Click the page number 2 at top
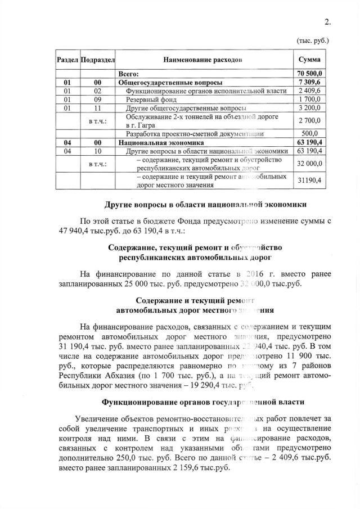(327, 22)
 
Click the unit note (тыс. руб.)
(312, 41)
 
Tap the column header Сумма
(309, 60)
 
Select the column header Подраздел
(98, 60)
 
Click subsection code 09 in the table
(97, 99)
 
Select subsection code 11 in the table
(97, 107)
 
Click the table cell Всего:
(129, 74)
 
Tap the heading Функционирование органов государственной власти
(203, 403)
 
